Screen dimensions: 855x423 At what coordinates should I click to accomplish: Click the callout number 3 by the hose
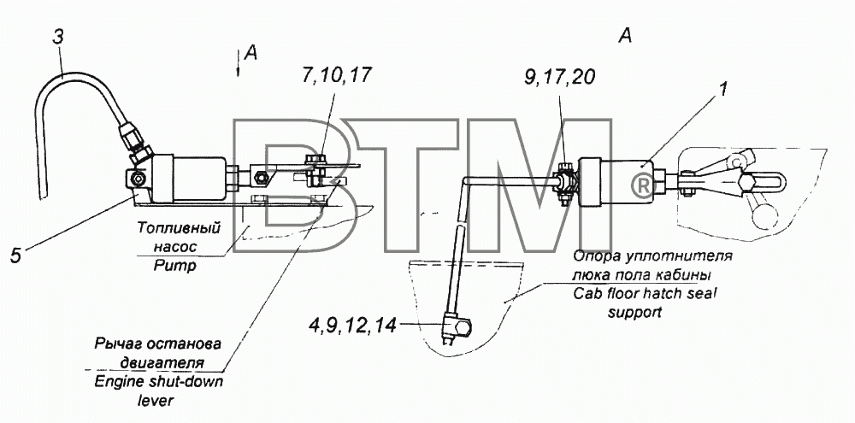pyautogui.click(x=58, y=37)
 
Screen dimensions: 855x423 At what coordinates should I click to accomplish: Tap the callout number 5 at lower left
pyautogui.click(x=15, y=256)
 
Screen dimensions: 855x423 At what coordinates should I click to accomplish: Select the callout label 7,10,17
pyautogui.click(x=335, y=74)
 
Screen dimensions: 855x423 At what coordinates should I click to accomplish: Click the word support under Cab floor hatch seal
pyautogui.click(x=634, y=313)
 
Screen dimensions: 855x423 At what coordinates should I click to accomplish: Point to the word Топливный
pyautogui.click(x=179, y=227)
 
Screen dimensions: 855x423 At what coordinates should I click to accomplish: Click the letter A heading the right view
pyautogui.click(x=626, y=36)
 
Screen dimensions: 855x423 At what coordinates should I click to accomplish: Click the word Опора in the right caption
pyautogui.click(x=596, y=256)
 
